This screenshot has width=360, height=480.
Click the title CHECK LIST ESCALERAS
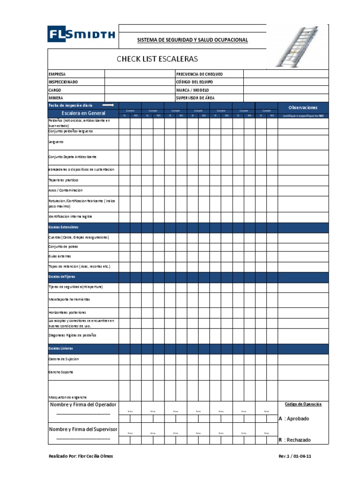coord(157,59)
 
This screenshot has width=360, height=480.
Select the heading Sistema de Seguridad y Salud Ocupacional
coord(192,40)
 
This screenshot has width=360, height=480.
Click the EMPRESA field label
coord(57,74)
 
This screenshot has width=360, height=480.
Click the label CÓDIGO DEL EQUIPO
coord(195,82)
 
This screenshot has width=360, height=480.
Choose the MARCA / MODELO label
coord(193,90)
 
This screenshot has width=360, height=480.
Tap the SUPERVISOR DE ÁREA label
coord(196,98)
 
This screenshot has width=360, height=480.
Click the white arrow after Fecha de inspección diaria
coord(108,105)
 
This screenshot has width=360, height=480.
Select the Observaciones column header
coord(303,107)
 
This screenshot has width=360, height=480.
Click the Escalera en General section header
coord(83,113)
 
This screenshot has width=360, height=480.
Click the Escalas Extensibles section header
coord(63,227)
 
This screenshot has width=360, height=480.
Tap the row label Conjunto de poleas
coord(63,247)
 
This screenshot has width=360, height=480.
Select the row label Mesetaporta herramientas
coord(69,299)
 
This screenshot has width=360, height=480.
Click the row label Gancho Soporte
coord(61,372)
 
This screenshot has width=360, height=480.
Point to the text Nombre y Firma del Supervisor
coord(83,429)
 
